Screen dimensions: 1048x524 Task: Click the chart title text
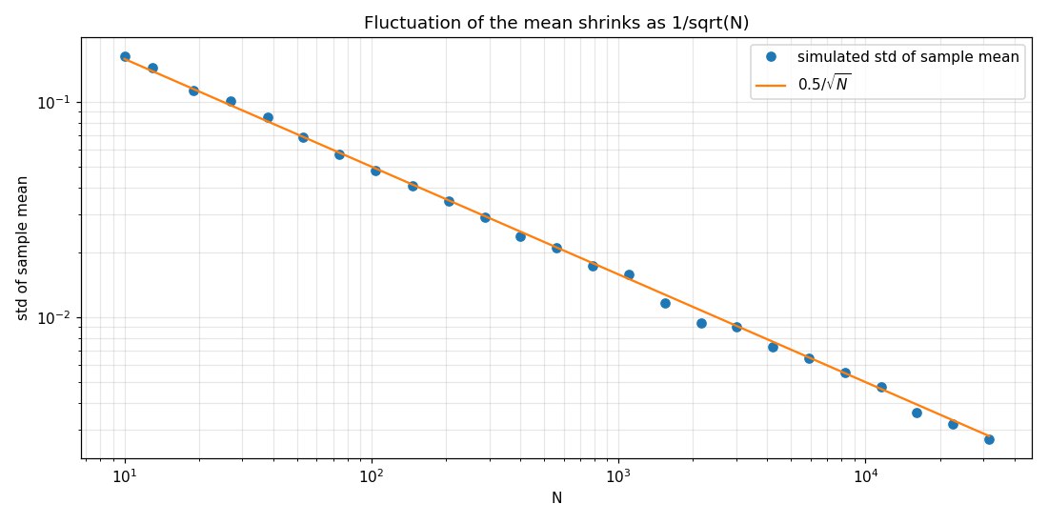click(x=556, y=23)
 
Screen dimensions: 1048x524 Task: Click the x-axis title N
click(x=556, y=497)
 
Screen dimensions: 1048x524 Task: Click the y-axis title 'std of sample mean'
click(x=23, y=249)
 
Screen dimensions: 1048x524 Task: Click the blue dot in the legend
click(x=770, y=57)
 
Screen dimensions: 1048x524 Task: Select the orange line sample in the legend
click(x=770, y=85)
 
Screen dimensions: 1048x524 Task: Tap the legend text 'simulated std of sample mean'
click(x=908, y=57)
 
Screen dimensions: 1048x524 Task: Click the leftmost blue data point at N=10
click(x=125, y=57)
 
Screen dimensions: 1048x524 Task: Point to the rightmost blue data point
click(x=989, y=439)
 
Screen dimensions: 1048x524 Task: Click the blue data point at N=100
click(x=375, y=171)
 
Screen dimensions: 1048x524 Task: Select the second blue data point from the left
click(x=152, y=68)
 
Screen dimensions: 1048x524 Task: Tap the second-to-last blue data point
click(x=953, y=424)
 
